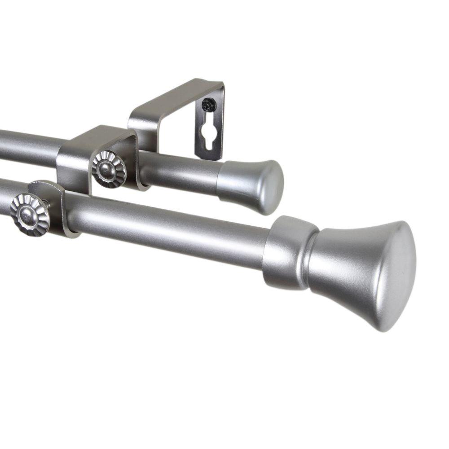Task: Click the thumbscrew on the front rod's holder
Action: click(x=30, y=214)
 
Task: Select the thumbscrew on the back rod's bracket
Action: click(x=109, y=169)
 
